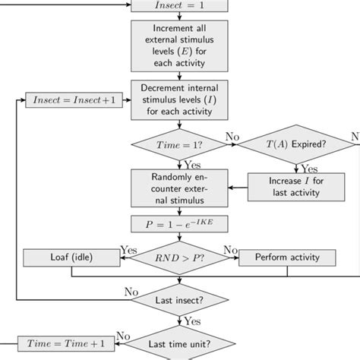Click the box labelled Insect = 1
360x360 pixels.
[180, 6]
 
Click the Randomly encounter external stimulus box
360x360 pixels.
[180, 187]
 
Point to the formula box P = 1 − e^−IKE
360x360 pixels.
[180, 226]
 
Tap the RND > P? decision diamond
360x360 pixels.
[180, 258]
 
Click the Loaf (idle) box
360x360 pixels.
[66, 258]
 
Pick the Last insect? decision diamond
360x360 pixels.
[180, 301]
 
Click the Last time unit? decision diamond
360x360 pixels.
[180, 343]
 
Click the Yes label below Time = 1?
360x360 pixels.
[192, 164]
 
